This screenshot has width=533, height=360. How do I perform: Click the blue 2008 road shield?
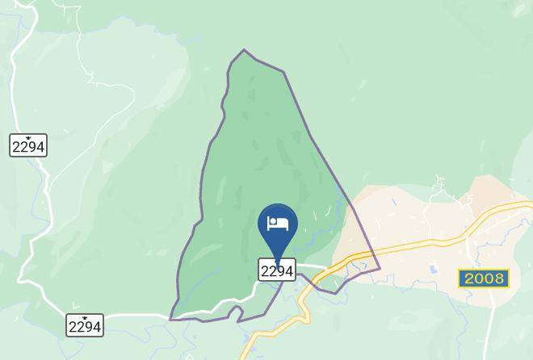[484, 278]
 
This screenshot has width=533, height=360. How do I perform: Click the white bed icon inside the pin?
[278, 223]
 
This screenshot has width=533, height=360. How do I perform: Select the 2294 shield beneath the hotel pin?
[277, 270]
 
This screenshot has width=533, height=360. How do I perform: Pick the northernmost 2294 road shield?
[28, 146]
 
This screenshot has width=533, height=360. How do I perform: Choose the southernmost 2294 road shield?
[84, 326]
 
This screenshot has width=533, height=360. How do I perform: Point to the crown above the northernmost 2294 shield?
[28, 135]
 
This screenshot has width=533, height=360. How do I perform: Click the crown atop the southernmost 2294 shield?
[84, 315]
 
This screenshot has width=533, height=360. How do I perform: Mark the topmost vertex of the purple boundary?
[244, 50]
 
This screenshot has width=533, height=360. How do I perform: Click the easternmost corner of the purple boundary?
[379, 269]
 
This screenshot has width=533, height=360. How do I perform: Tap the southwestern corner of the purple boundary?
[170, 320]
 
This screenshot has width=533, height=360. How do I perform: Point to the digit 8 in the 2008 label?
[500, 278]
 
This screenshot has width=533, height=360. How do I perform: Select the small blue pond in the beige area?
[434, 269]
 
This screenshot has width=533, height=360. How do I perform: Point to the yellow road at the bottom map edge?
[245, 355]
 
